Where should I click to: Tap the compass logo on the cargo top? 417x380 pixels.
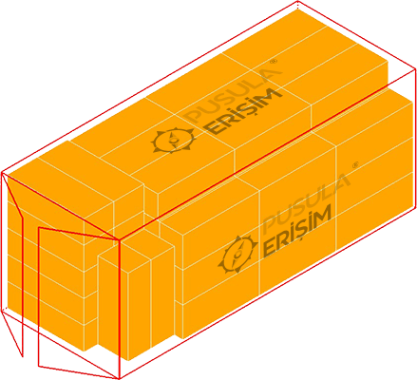pos(173,141)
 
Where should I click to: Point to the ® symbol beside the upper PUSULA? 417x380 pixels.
pos(275,61)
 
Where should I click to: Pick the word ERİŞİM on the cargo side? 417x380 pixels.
pos(297,229)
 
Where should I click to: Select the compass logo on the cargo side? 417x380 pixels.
pos(237,254)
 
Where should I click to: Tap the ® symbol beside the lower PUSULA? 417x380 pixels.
pos(355,165)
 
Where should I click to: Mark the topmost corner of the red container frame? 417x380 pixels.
pos(297,1)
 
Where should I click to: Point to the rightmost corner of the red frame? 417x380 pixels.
pos(415,68)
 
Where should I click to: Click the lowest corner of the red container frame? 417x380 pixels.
pos(119,378)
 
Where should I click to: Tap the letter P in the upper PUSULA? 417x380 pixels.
pos(193,115)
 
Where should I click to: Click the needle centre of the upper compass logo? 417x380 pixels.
pos(173,140)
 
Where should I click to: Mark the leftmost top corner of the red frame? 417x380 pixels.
pos(2,173)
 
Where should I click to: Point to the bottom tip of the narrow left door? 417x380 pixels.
pos(22,356)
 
